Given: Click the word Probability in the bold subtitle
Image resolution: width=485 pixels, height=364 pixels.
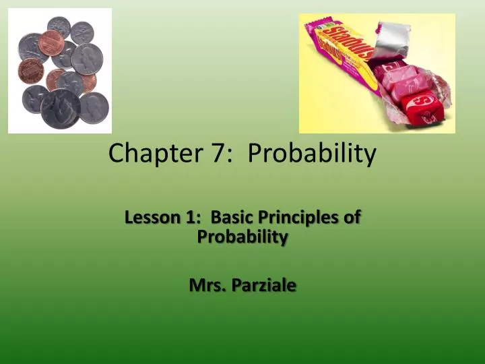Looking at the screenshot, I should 243,237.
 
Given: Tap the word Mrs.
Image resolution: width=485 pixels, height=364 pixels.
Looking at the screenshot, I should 207,285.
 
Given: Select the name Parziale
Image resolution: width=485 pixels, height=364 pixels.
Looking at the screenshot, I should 263,285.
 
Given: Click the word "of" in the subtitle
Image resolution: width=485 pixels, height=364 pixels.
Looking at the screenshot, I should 352,217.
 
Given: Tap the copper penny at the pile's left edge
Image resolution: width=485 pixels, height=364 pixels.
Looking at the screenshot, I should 30,70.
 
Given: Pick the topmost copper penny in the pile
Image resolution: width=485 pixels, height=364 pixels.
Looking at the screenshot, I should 52,42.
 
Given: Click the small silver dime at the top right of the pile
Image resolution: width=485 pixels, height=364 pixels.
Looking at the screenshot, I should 82,32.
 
